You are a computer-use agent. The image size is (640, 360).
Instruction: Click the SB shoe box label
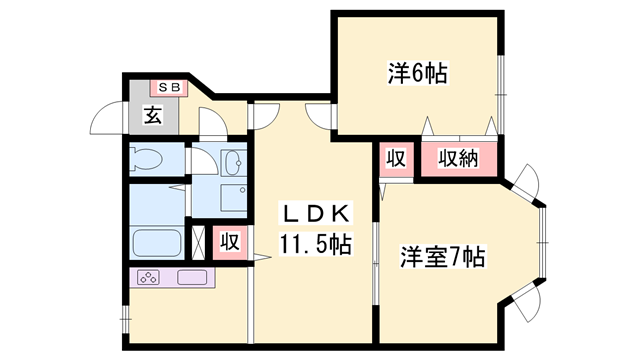click(169, 87)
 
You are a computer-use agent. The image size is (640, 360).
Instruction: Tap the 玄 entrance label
click(153, 115)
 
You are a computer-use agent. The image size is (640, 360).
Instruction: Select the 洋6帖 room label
click(418, 73)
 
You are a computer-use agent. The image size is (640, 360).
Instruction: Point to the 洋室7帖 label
click(442, 257)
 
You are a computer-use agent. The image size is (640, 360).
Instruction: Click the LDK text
click(315, 213)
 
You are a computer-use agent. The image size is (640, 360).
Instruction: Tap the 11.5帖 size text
click(315, 244)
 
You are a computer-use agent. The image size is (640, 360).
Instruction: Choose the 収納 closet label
click(458, 158)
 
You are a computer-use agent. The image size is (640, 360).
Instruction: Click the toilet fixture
click(146, 160)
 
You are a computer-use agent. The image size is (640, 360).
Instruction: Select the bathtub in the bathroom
click(157, 243)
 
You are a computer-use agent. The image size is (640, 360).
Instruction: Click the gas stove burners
click(149, 278)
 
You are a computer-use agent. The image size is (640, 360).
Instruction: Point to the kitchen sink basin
click(192, 278)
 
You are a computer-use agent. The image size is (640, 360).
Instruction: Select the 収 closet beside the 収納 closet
click(396, 158)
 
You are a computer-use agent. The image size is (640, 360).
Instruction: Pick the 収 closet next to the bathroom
click(230, 242)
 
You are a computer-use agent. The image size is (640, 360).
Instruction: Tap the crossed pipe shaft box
click(198, 242)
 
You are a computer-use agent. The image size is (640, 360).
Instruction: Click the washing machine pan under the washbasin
click(234, 198)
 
